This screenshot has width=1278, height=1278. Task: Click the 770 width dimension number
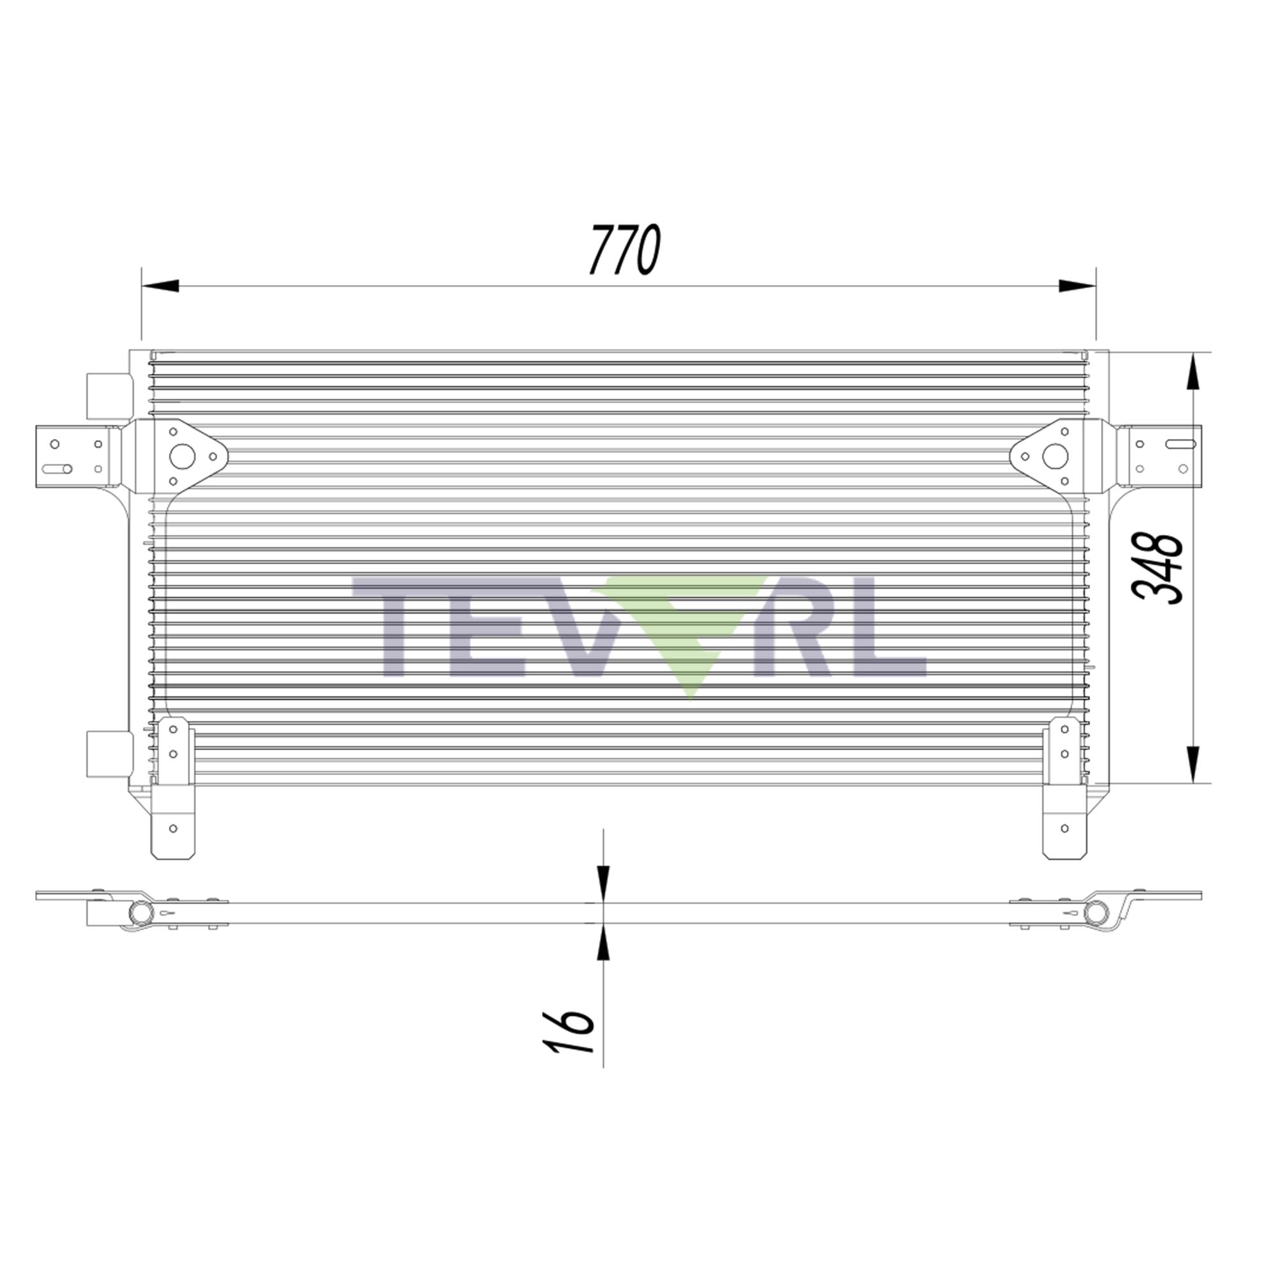click(x=625, y=249)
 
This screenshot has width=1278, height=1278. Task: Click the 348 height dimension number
click(x=1157, y=567)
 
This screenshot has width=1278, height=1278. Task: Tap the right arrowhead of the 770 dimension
click(x=1076, y=286)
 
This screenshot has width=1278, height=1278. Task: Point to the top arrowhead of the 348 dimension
click(x=1192, y=374)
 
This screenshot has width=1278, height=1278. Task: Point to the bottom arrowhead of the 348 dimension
click(x=1192, y=764)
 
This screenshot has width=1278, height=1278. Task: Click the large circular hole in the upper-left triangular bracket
click(x=182, y=456)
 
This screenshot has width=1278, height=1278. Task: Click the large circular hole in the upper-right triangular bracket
click(x=1055, y=456)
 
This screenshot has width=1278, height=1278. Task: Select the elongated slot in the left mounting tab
click(x=57, y=469)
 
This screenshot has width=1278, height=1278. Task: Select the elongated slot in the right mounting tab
click(x=1181, y=445)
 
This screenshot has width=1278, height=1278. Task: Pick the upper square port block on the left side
click(x=109, y=396)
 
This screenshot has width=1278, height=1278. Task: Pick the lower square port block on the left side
click(x=109, y=753)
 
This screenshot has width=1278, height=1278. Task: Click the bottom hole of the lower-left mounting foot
click(x=173, y=828)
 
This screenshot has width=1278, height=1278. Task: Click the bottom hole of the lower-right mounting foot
click(x=1065, y=828)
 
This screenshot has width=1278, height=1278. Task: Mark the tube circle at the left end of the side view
click(x=140, y=913)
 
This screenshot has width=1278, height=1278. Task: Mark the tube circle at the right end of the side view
click(x=1096, y=913)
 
